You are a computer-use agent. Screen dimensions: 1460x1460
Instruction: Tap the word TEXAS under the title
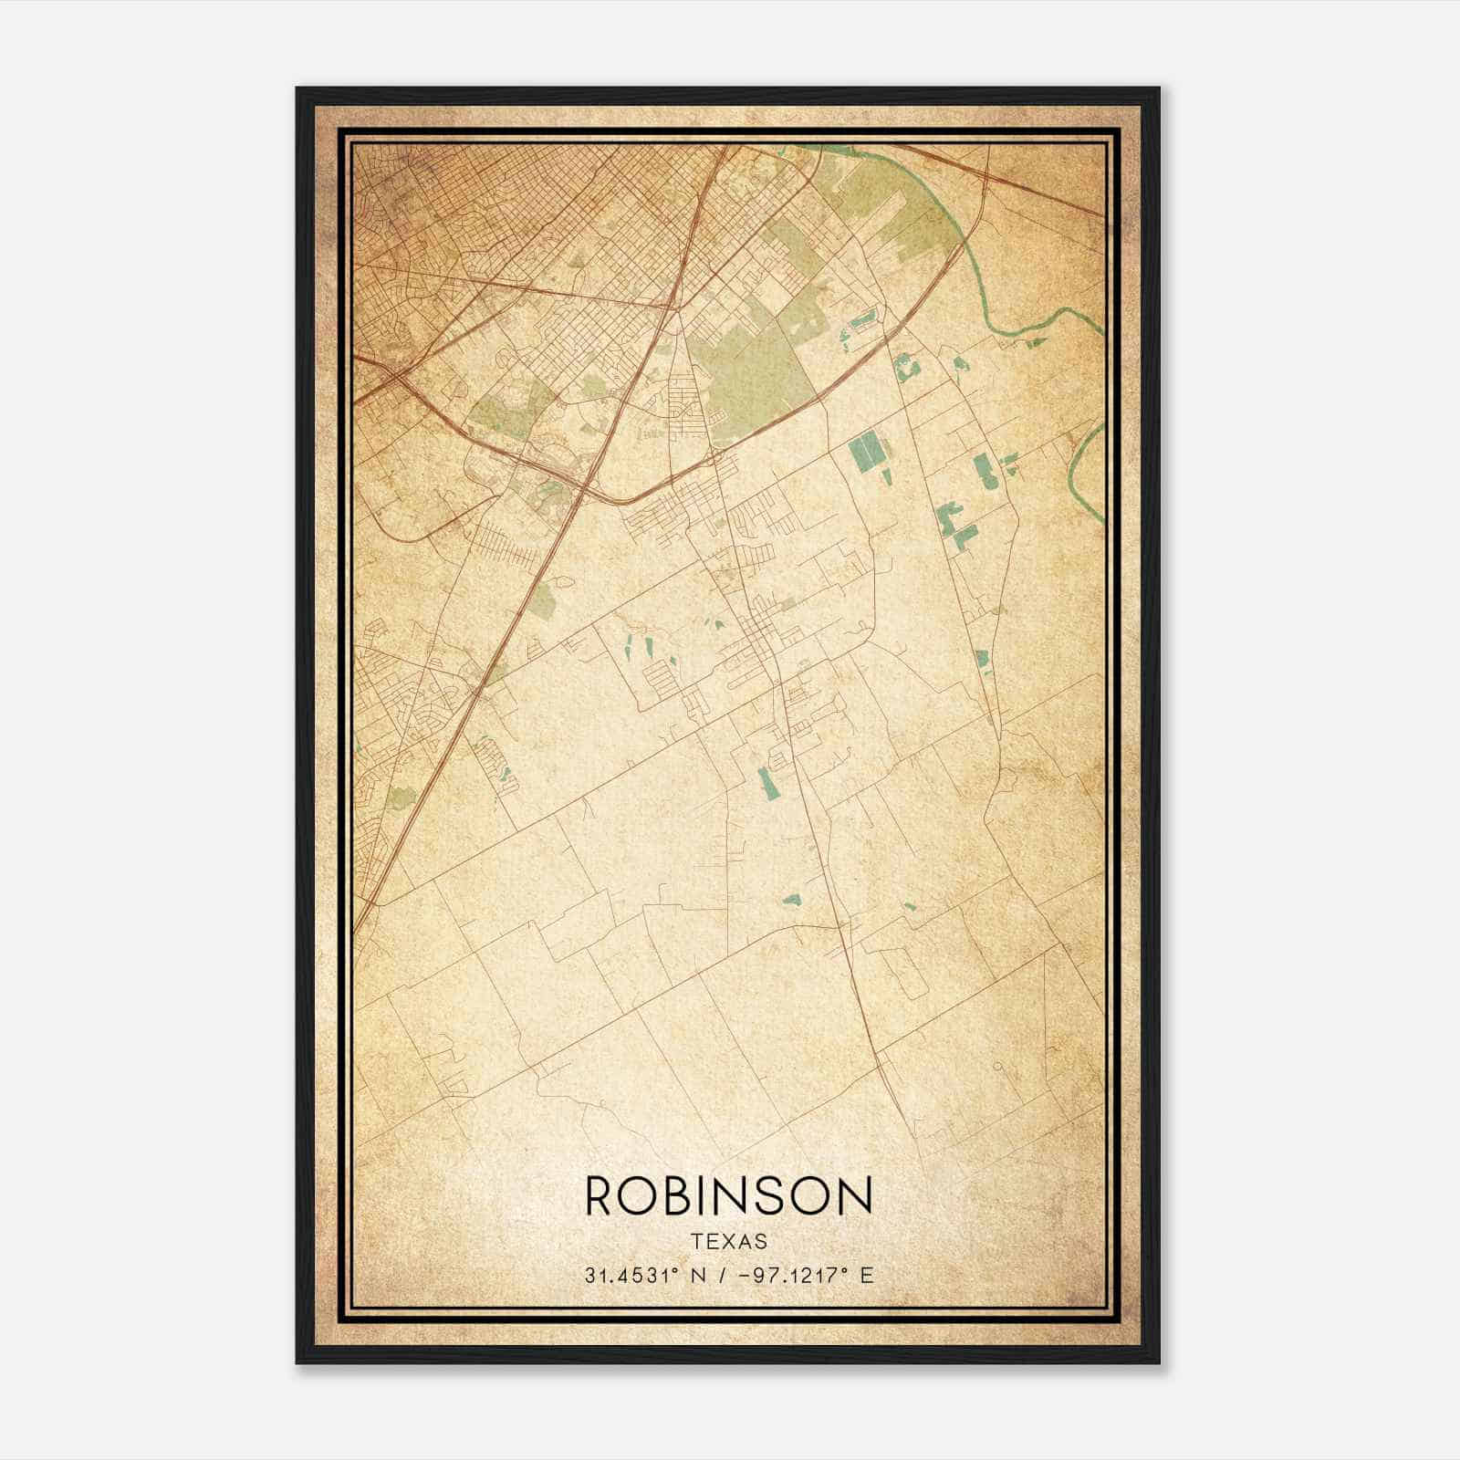click(x=728, y=1241)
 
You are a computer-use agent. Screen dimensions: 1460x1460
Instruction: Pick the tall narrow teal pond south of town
click(x=764, y=781)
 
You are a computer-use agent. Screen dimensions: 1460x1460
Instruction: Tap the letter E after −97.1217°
click(x=866, y=1275)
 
